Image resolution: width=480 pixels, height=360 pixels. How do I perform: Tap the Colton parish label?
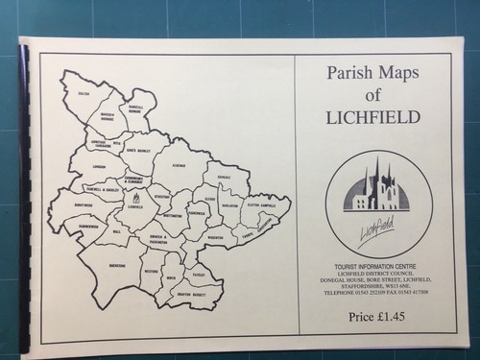[x=83, y=93]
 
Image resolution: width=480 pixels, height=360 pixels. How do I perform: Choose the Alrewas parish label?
[x=177, y=164]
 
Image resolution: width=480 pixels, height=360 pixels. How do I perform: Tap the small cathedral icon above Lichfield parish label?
[x=133, y=198]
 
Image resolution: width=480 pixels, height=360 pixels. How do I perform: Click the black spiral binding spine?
[x=23, y=192]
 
